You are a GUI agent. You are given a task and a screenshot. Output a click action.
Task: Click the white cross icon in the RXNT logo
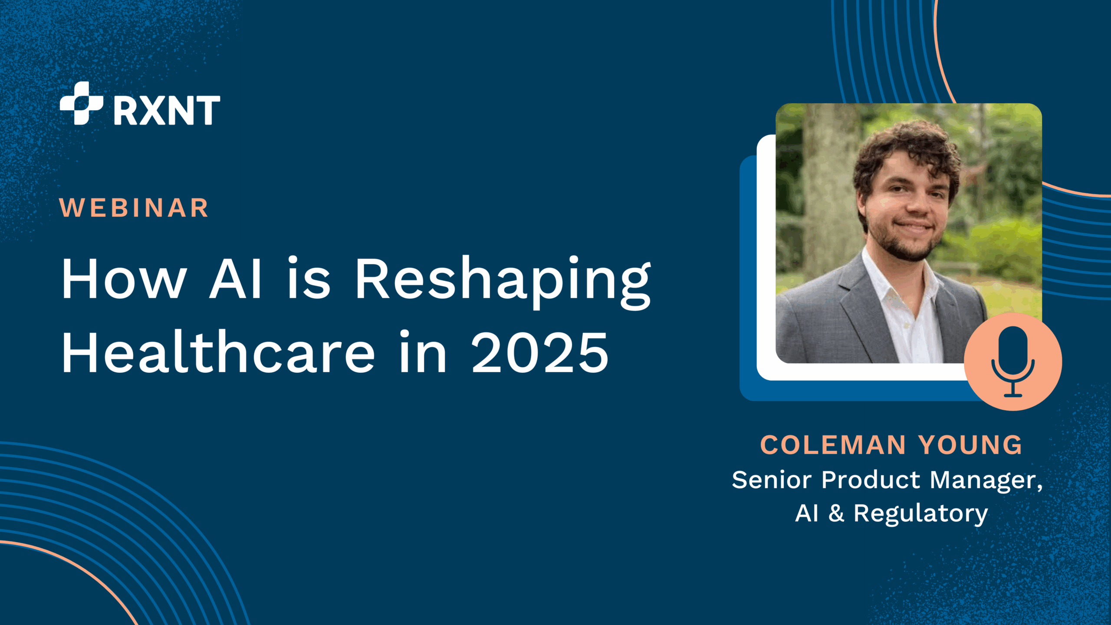coord(82,103)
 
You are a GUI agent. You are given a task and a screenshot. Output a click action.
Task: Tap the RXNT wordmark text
coord(167,111)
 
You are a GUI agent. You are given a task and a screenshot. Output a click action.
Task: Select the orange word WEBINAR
coord(134,207)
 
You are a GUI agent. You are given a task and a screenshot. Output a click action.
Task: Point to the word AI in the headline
coord(236,278)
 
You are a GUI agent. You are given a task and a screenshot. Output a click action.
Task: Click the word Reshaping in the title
coord(503,282)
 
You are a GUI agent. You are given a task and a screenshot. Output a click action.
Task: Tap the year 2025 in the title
coord(540,352)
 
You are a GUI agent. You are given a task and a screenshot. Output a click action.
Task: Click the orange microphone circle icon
coord(1013,362)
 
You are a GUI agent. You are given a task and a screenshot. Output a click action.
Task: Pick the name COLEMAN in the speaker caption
coord(833,445)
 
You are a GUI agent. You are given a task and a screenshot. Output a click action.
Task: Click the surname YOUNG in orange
coord(970,445)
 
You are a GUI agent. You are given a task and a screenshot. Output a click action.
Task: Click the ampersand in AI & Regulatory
coord(836,513)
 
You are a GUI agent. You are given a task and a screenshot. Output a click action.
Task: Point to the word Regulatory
coord(920,515)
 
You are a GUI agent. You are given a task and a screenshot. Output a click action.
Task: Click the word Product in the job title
coord(871,480)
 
